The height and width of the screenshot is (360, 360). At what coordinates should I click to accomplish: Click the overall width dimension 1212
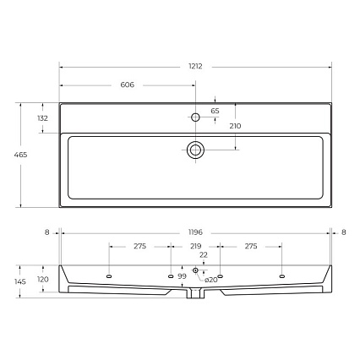tap(195, 67)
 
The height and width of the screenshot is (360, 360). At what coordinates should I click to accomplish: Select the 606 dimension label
tap(128, 85)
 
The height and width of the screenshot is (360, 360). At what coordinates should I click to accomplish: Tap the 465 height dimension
tap(20, 155)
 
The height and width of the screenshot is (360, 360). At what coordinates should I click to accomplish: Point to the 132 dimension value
tap(43, 118)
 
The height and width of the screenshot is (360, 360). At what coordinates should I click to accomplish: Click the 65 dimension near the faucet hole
tap(215, 111)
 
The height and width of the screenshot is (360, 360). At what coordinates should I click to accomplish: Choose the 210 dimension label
tap(235, 126)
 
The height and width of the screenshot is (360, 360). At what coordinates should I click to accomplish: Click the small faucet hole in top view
tap(195, 117)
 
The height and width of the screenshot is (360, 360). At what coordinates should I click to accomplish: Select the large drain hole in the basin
tap(195, 150)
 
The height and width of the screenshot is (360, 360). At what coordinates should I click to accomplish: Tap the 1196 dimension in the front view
tap(195, 232)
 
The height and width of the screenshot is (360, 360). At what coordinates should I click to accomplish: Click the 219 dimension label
tap(195, 247)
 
